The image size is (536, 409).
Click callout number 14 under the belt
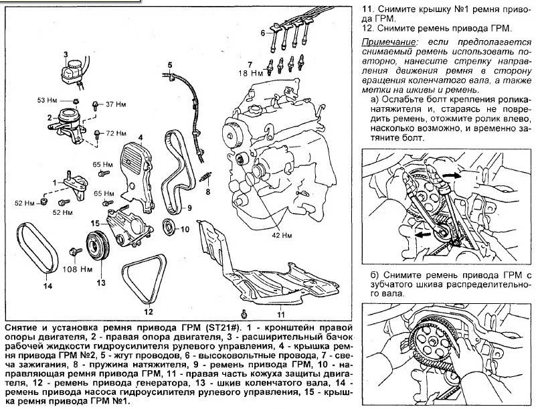click(x=47, y=287)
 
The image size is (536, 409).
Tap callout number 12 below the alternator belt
click(x=148, y=311)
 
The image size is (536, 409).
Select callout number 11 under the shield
click(x=280, y=313)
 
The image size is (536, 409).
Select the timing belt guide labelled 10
click(x=169, y=226)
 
